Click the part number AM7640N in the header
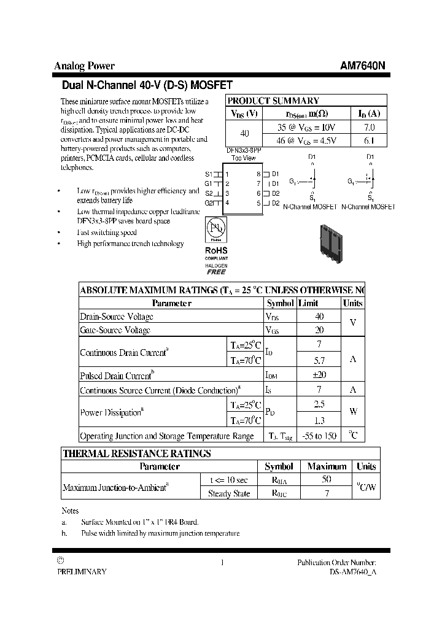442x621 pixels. [363, 66]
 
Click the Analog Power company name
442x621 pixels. [85, 66]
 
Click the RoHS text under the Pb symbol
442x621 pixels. [215, 250]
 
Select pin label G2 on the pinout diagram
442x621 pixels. [209, 202]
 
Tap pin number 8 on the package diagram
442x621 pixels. [259, 174]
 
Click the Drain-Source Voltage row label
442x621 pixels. [117, 317]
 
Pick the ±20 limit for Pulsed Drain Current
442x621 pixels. [319, 376]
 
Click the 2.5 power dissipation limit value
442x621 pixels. [319, 405]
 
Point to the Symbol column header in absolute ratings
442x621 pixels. [280, 303]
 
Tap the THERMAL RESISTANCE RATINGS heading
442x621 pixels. [138, 453]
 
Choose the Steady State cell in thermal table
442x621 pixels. [228, 494]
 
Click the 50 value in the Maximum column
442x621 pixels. [327, 480]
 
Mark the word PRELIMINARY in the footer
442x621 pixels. [82, 571]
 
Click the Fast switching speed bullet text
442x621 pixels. [107, 233]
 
